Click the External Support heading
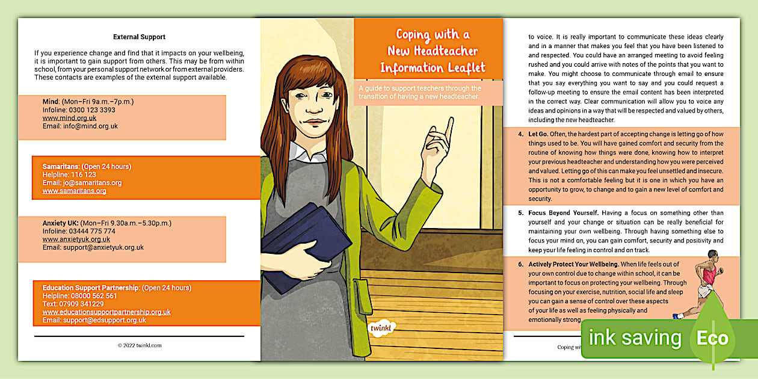click(139, 37)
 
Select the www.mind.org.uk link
click(69, 119)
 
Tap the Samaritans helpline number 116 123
click(83, 174)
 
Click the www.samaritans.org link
click(74, 191)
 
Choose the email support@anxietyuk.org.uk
click(93, 247)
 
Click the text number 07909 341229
click(80, 304)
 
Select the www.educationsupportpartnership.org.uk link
click(106, 312)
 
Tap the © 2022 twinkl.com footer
click(139, 345)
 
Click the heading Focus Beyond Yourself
click(563, 213)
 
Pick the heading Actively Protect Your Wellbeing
click(573, 264)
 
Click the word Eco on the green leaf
click(712, 339)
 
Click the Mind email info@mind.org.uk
click(80, 126)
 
